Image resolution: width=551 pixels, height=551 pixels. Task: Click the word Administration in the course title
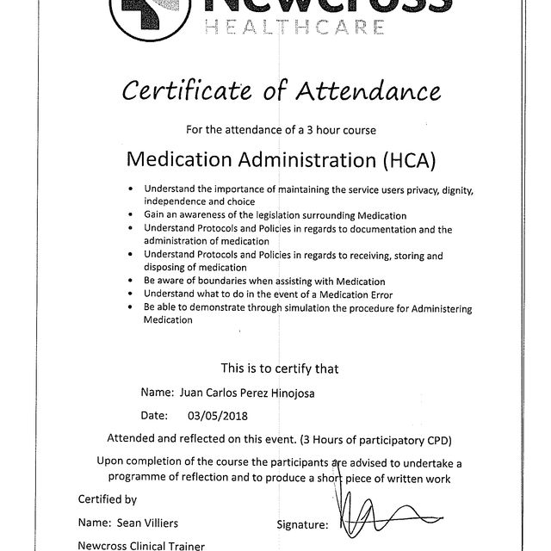click(x=294, y=159)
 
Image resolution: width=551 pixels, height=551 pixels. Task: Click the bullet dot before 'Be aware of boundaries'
click(x=129, y=282)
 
